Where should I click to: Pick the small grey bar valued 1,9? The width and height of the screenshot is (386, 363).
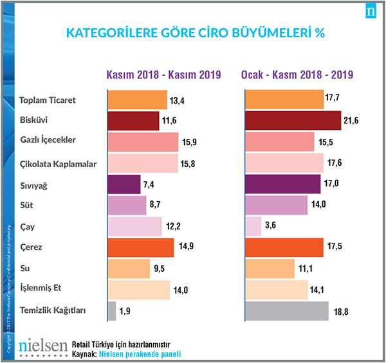[x=111, y=311]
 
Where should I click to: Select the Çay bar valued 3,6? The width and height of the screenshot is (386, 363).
[x=253, y=226]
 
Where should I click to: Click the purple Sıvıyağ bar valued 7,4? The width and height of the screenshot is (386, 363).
[x=124, y=184]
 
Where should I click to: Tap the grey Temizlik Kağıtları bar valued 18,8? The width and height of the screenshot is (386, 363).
[x=287, y=311]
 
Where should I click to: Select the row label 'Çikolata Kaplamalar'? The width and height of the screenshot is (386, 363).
[x=59, y=164]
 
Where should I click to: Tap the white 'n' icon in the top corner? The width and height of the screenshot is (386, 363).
[x=371, y=12]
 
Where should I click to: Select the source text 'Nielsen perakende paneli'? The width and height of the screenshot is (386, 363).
[x=140, y=353]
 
